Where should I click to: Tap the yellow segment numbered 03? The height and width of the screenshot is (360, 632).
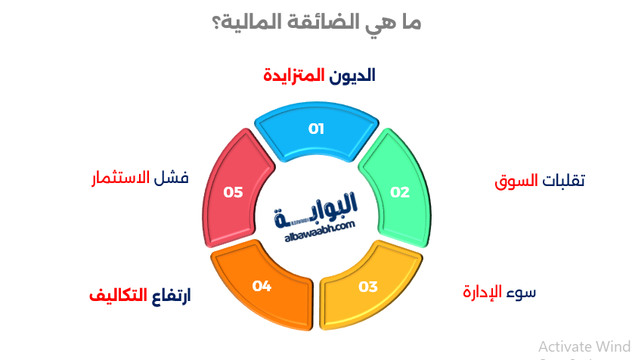pyautogui.click(x=368, y=287)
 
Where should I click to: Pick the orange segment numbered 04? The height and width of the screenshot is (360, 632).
pyautogui.click(x=262, y=287)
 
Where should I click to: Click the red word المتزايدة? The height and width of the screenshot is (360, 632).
pyautogui.click(x=294, y=76)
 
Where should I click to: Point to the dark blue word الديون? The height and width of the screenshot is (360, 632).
pyautogui.click(x=354, y=76)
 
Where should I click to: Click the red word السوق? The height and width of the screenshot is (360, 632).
pyautogui.click(x=516, y=182)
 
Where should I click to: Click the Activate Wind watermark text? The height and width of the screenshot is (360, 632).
pyautogui.click(x=584, y=346)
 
